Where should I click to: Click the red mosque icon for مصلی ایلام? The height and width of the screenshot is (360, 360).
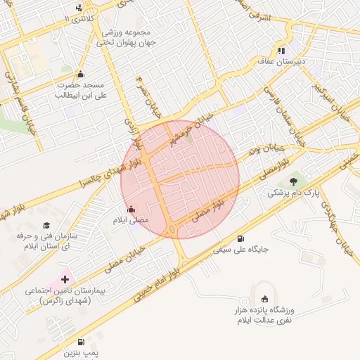(131, 210)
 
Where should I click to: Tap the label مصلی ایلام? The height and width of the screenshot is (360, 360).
(131, 221)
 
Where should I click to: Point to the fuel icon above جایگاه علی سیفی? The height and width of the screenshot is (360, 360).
(242, 238)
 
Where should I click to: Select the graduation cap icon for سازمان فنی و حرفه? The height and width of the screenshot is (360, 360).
(46, 226)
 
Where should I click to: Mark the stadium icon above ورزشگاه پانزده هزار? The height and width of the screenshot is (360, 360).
(264, 299)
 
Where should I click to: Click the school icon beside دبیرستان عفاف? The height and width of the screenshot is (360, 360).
(281, 51)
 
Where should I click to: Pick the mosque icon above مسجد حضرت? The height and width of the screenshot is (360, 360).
(80, 75)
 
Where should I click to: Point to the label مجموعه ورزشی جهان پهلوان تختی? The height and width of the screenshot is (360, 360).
(138, 38)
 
